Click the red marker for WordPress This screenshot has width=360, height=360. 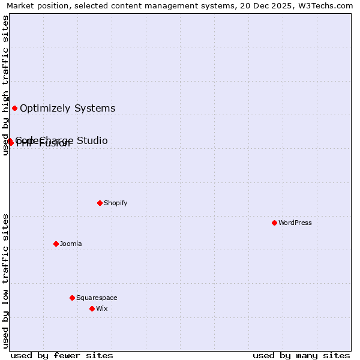274,223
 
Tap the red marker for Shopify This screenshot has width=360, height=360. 100,203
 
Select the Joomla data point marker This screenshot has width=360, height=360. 56,244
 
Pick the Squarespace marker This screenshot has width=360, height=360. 72,298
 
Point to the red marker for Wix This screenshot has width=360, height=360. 92,308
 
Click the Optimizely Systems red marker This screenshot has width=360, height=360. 14,108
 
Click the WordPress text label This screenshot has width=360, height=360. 295,223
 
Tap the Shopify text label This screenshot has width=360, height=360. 116,203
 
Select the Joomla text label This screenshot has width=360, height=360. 71,244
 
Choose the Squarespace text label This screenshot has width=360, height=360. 97,298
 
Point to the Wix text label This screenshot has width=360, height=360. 101,308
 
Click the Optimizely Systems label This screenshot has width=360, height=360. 68,109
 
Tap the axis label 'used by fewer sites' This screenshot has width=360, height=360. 62,355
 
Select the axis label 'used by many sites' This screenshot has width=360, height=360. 301,355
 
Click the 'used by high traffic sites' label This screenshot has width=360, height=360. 5,85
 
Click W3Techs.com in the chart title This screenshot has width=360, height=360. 328,5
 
